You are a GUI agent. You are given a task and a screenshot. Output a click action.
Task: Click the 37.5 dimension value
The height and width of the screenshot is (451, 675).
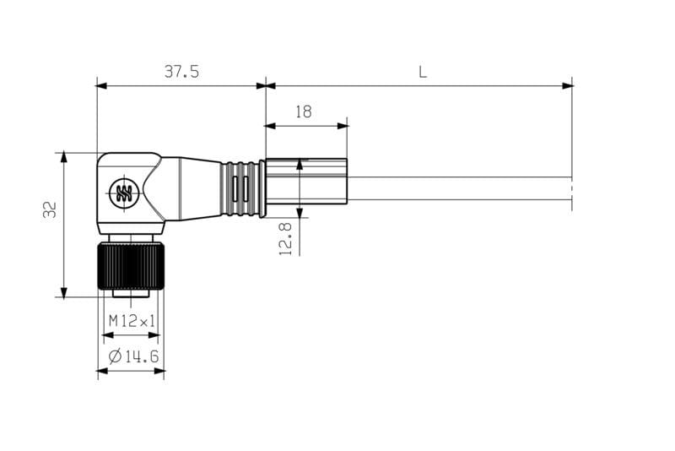[x=181, y=72]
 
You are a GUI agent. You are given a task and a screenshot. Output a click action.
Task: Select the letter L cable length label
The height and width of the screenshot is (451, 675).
[x=423, y=72]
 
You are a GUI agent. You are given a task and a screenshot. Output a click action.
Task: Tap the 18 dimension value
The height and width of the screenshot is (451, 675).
[x=304, y=112]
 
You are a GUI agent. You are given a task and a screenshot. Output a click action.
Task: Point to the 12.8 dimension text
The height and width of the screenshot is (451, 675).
[x=286, y=239]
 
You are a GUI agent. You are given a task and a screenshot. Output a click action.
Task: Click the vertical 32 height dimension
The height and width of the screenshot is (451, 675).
[x=51, y=209]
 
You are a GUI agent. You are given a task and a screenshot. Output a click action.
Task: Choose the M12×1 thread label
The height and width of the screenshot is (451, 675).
[x=132, y=321]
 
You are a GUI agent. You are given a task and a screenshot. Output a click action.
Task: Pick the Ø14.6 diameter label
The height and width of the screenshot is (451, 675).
[x=133, y=356]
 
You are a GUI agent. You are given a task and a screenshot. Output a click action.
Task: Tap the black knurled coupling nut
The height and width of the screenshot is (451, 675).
[x=132, y=266]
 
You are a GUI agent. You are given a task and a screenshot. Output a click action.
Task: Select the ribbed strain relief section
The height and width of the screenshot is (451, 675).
[x=241, y=188]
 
